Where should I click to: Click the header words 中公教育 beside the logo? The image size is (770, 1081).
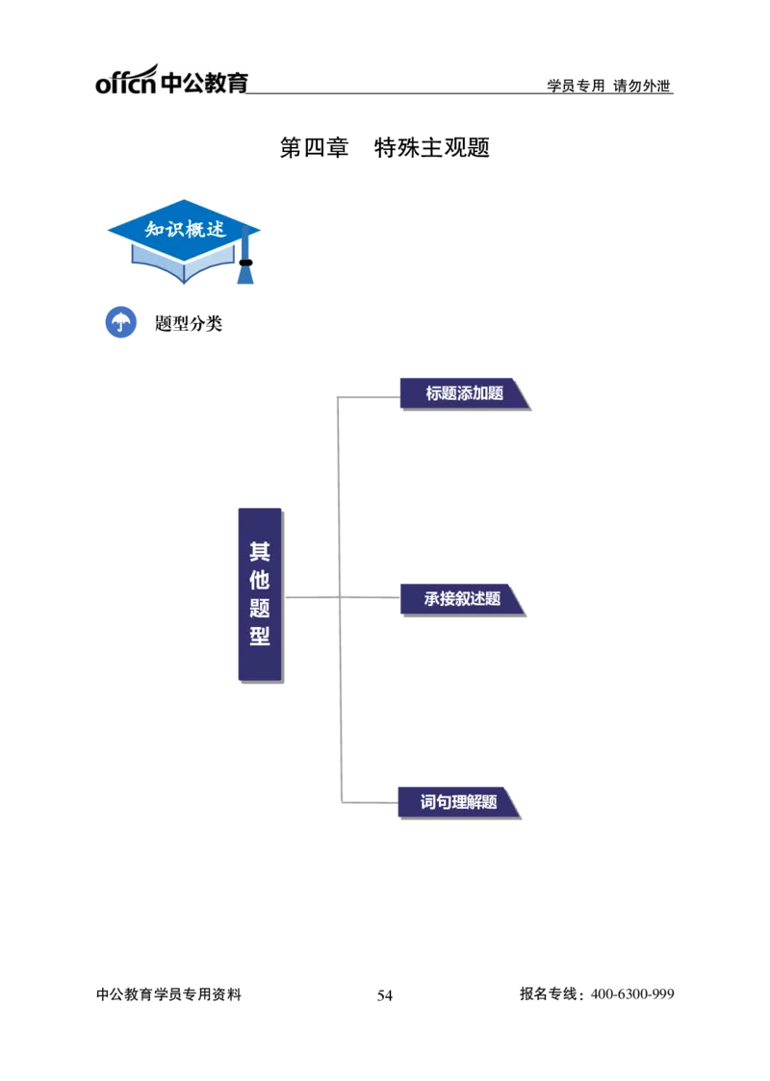[204, 83]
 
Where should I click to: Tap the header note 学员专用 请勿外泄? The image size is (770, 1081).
[608, 86]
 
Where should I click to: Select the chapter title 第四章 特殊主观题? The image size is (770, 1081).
[384, 147]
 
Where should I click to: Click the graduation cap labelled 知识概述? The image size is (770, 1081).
[184, 240]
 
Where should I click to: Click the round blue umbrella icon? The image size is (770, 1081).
[120, 322]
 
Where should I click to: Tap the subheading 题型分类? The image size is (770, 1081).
[189, 322]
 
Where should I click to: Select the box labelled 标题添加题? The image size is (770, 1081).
[464, 393]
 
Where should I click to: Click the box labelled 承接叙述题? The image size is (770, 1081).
[462, 599]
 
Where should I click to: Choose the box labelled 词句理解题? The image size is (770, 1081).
[459, 802]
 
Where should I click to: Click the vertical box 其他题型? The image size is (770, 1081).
[260, 595]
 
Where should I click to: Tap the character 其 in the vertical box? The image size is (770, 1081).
[260, 551]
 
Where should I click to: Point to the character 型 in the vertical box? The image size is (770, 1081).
[260, 636]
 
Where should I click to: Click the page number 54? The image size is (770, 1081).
[385, 994]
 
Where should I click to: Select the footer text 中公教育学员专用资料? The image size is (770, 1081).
[169, 994]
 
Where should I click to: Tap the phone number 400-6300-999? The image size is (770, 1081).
[632, 994]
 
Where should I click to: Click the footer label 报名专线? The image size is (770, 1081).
[549, 993]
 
